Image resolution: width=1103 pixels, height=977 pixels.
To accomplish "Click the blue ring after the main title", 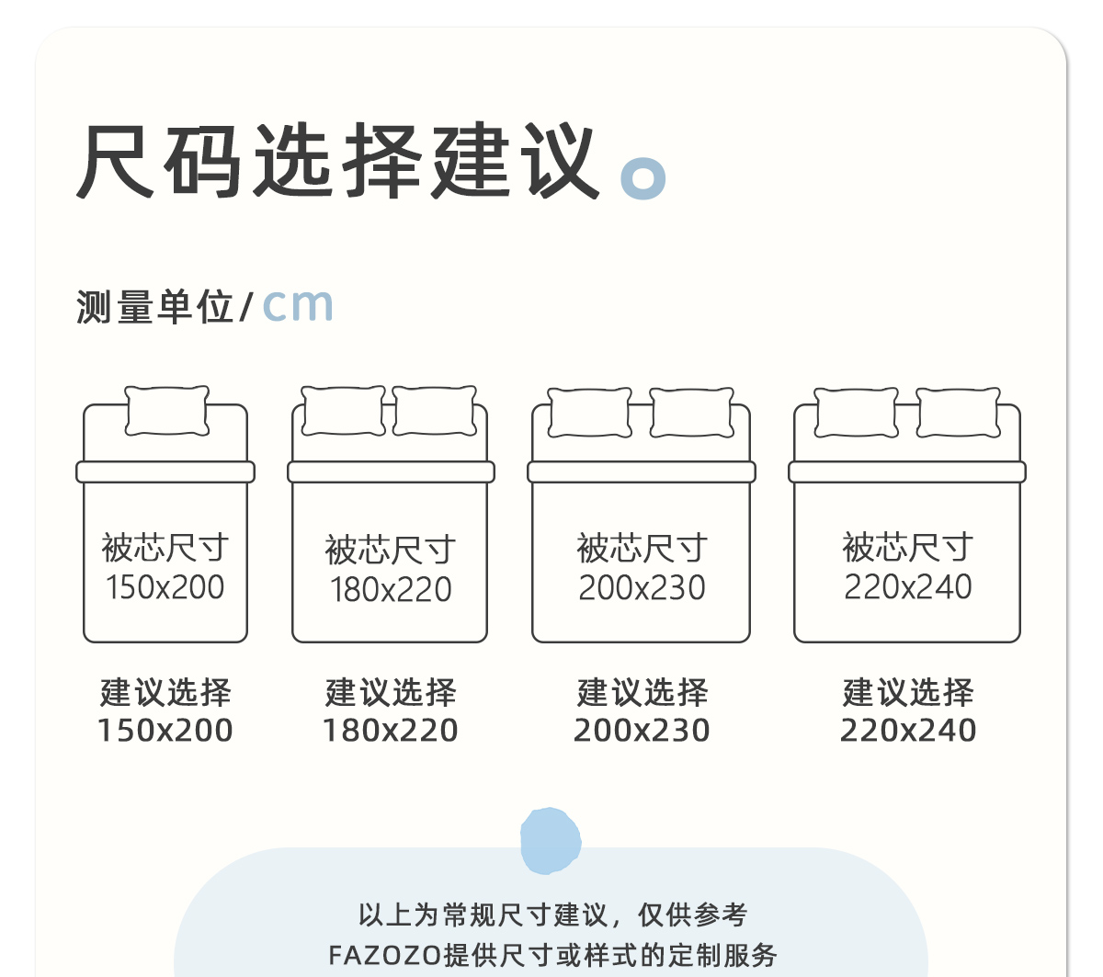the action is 643,177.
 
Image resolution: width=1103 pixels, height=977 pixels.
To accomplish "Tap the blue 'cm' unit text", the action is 297,305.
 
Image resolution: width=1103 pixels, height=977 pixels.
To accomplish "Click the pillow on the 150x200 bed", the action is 166,410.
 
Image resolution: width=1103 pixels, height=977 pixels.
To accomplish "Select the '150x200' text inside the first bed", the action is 165,587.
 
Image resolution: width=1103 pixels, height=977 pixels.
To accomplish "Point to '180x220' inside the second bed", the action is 391,589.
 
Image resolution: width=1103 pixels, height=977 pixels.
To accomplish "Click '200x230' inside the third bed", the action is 642,587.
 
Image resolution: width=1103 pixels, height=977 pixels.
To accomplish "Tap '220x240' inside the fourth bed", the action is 908,586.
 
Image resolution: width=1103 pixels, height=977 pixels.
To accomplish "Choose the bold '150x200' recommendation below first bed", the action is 165,731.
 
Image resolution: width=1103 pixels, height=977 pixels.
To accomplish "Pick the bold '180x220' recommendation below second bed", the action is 391,731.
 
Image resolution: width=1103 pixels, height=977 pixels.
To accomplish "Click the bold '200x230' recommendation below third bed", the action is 642,731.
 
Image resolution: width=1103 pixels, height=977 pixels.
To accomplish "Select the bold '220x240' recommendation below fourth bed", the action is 908,731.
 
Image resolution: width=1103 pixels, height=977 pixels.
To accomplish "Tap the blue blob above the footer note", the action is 551,840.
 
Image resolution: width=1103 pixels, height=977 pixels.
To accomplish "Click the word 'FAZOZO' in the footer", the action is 385,955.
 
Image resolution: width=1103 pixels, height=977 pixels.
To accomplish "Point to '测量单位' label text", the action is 154,307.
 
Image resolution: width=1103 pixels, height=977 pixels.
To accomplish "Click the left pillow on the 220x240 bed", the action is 857,413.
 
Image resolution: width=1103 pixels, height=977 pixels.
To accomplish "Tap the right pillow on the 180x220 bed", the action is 435,411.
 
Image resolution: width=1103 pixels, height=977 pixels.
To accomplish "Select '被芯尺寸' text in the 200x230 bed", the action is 642,549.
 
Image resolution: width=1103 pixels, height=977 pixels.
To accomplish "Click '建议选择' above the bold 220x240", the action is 908,693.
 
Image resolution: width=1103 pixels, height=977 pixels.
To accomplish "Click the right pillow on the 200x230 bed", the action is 692,413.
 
